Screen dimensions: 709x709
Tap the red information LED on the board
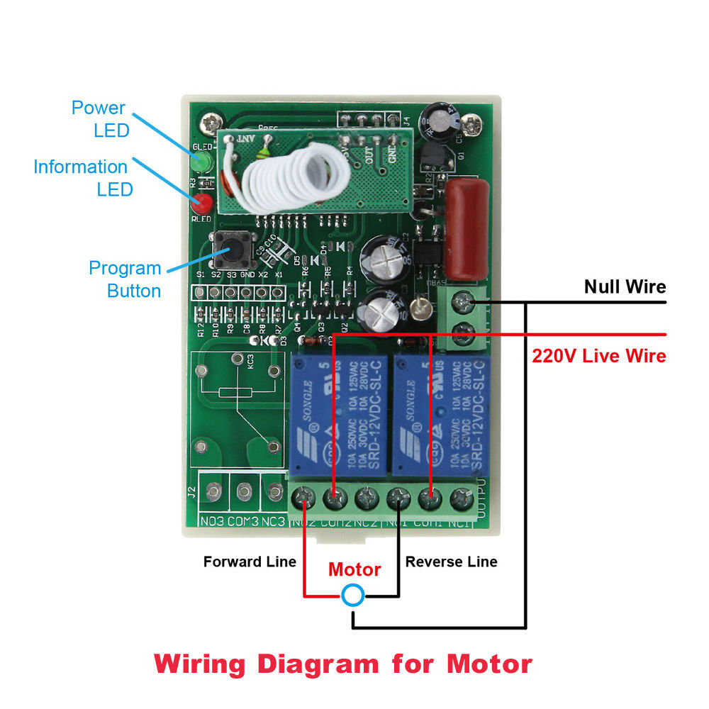click(x=204, y=203)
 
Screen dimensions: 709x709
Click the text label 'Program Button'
click(x=125, y=279)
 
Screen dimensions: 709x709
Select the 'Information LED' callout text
click(x=81, y=178)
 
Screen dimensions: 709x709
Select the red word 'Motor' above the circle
click(x=354, y=569)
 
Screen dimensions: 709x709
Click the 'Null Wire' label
click(x=625, y=286)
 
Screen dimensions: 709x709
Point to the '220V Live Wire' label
click(x=599, y=355)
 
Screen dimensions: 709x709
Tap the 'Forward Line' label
click(x=250, y=562)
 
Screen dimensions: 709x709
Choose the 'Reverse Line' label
click(x=451, y=562)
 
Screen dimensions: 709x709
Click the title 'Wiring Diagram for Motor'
click(x=343, y=664)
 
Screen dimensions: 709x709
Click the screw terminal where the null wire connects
click(x=464, y=303)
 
